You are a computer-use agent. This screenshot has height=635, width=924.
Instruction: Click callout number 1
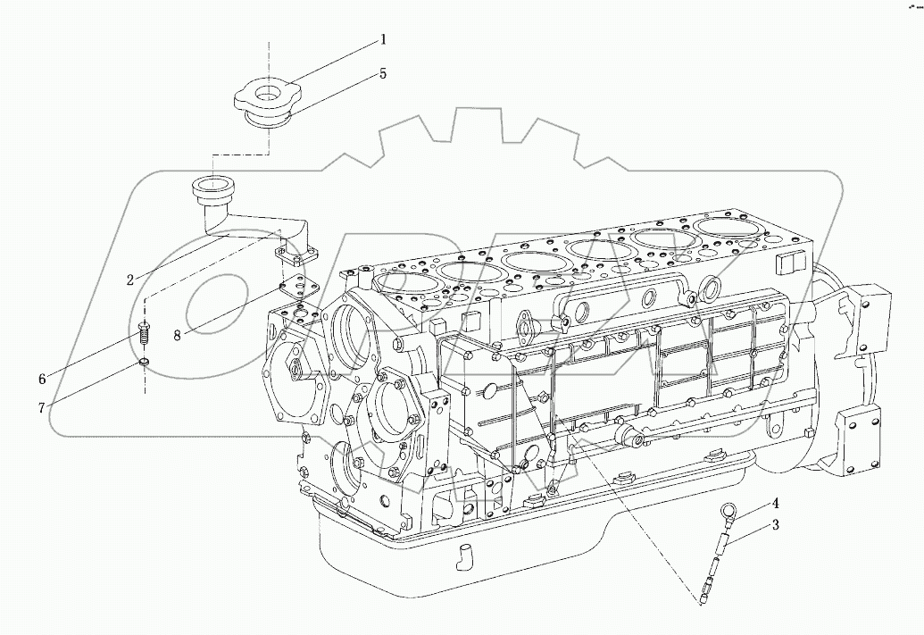[x=383, y=39]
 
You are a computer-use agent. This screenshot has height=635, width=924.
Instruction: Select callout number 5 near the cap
[x=383, y=74]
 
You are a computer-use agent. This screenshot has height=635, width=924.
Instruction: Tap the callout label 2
[x=130, y=280]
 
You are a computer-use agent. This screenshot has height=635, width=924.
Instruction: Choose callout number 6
[x=43, y=379]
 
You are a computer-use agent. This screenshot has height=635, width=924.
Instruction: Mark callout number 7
[x=41, y=408]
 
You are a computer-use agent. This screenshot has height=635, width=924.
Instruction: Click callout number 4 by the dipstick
[x=776, y=504]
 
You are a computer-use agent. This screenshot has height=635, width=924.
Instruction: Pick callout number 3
[x=776, y=526]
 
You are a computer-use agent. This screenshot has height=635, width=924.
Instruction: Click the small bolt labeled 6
[x=144, y=337]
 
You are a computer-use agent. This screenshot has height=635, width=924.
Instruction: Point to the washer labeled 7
[x=144, y=362]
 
